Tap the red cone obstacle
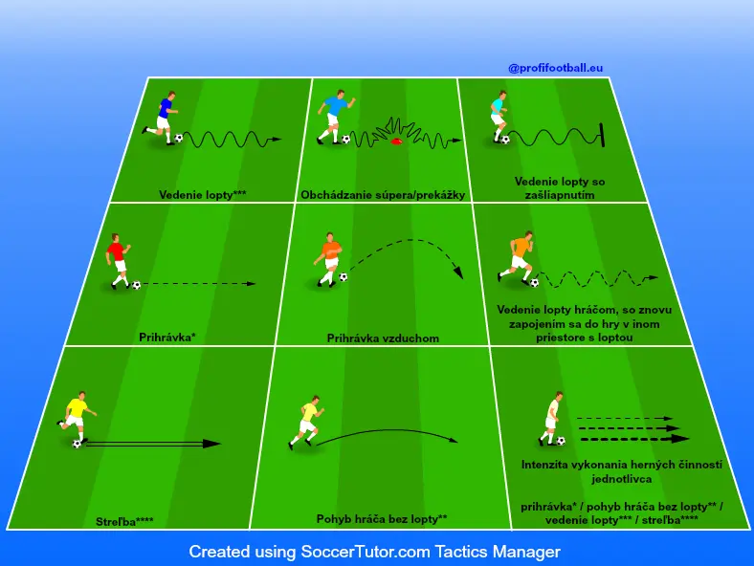click(x=395, y=143)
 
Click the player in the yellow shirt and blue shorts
click(x=74, y=418)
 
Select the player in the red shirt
click(x=117, y=259)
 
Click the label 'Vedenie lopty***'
click(x=202, y=193)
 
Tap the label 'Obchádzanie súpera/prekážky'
click(x=383, y=195)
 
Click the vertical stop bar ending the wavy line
click(x=604, y=135)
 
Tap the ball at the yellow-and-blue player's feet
click(x=77, y=444)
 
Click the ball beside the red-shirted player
click(x=137, y=285)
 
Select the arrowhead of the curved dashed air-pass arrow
click(x=458, y=273)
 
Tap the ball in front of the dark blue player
click(x=179, y=138)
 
